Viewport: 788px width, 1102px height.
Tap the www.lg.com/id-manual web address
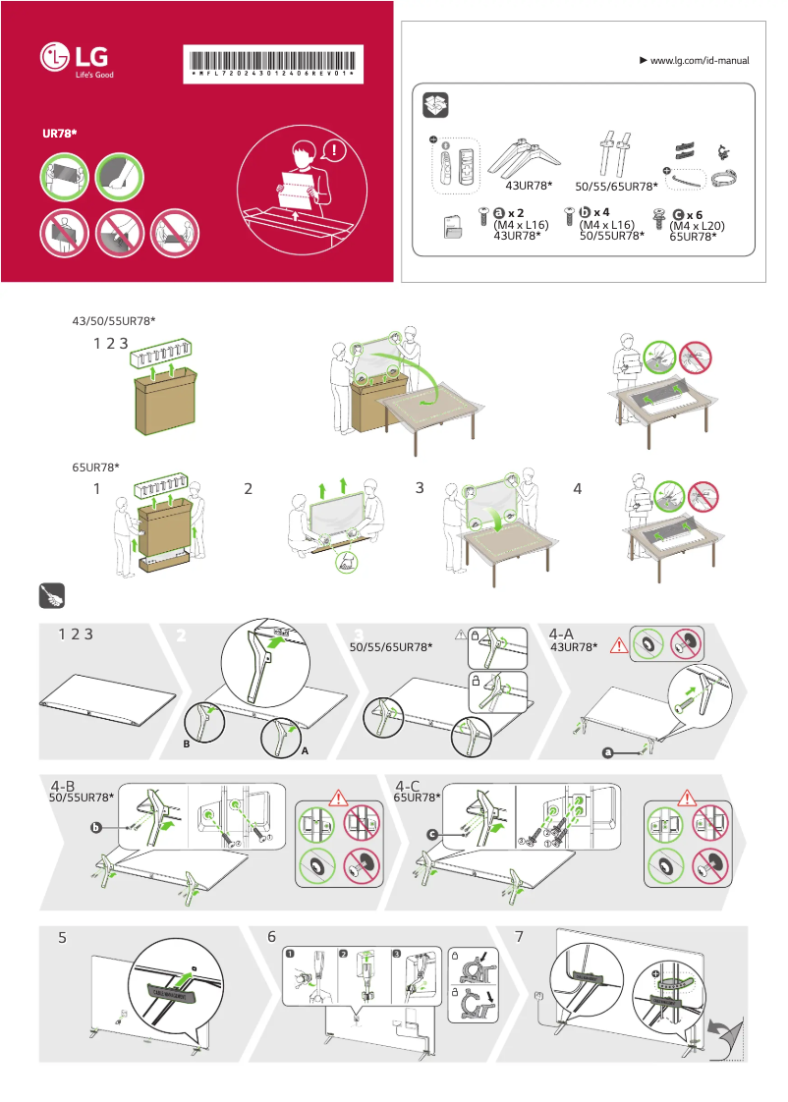click(x=700, y=61)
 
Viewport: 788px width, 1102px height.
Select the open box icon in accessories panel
click(x=435, y=105)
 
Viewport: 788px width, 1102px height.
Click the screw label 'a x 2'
click(x=508, y=213)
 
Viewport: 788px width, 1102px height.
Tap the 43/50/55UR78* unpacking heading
click(x=114, y=321)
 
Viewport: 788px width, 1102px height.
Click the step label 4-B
click(x=64, y=786)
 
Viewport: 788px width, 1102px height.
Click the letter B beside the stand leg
click(x=185, y=744)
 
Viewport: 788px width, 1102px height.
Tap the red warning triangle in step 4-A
click(x=618, y=645)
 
